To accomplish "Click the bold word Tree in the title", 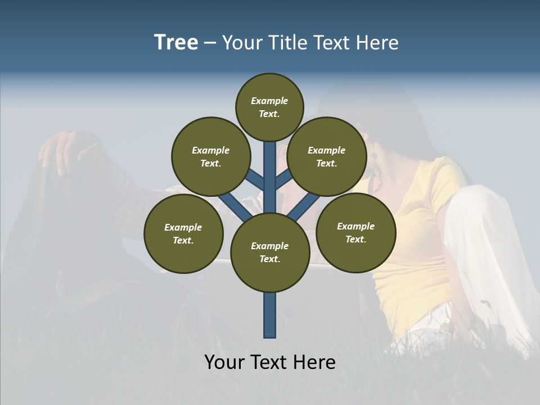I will [176, 43].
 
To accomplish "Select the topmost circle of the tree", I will [269, 107].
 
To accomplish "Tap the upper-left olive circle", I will [211, 156].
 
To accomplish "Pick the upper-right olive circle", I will [327, 156].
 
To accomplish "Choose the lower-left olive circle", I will [183, 233].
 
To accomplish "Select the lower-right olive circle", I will [355, 232].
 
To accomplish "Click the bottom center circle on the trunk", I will [270, 252].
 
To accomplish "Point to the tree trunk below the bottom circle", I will [270, 315].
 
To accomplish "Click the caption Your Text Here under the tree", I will [270, 362].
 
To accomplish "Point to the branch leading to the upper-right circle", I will [284, 179].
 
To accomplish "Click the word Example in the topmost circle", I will [269, 101].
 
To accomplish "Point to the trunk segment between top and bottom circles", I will [270, 180].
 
